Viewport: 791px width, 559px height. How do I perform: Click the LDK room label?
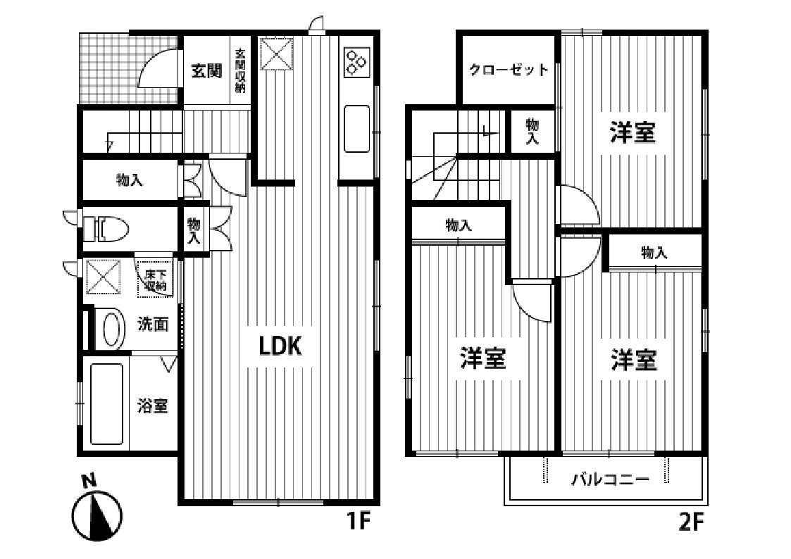(x=281, y=345)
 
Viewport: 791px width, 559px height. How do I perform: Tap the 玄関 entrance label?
(x=207, y=70)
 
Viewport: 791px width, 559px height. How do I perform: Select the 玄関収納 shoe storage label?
(x=240, y=71)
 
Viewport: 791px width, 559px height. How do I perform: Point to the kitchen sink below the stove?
(x=356, y=127)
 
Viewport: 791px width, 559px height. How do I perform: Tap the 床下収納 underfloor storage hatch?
(x=155, y=280)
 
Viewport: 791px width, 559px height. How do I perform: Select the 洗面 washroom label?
(x=153, y=325)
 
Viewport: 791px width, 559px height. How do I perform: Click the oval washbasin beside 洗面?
(x=111, y=329)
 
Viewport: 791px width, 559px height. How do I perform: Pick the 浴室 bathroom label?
(x=153, y=406)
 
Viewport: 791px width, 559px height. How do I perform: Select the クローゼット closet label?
(x=509, y=70)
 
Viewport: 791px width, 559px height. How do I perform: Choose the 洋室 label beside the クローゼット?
(x=633, y=132)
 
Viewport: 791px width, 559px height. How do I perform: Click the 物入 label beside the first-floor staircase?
(x=130, y=180)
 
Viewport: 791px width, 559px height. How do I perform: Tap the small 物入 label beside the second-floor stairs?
(x=532, y=132)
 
